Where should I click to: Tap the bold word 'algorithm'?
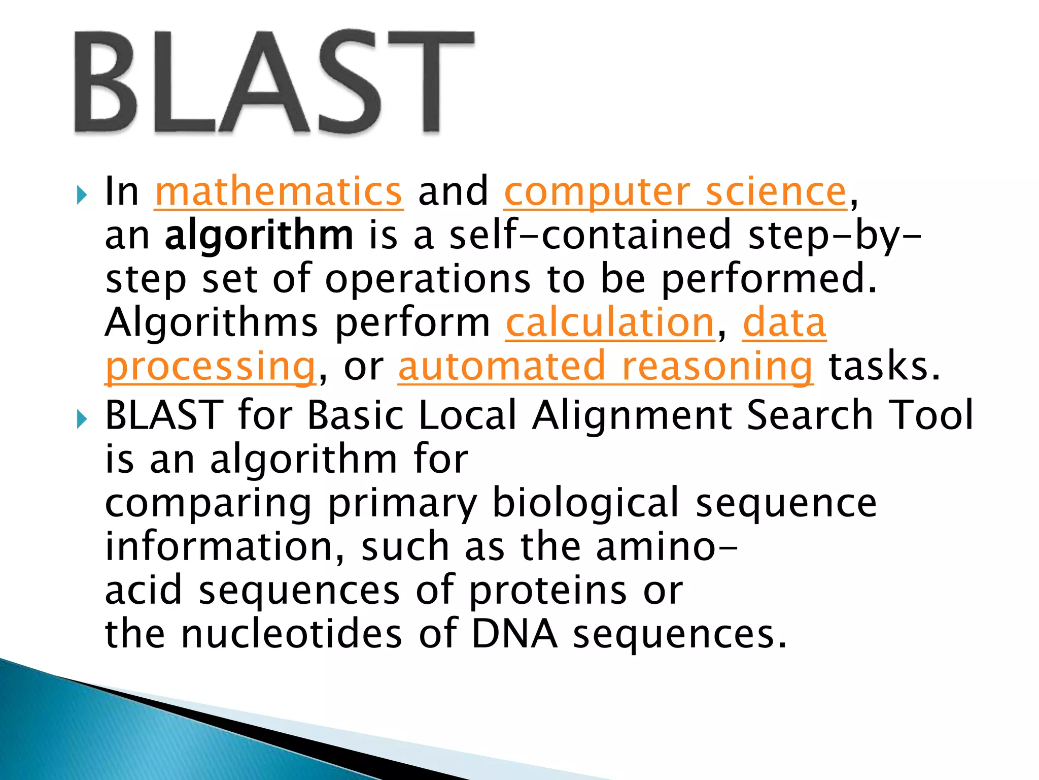(259, 236)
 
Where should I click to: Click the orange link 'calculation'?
(610, 323)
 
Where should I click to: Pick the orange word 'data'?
(784, 323)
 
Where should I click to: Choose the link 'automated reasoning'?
(606, 367)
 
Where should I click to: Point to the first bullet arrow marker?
(82, 194)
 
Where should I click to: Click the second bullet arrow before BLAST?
(82, 419)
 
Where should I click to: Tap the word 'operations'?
(428, 279)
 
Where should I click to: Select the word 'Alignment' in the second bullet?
(632, 415)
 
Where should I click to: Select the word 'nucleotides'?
(292, 634)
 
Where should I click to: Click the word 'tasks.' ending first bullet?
(884, 367)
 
